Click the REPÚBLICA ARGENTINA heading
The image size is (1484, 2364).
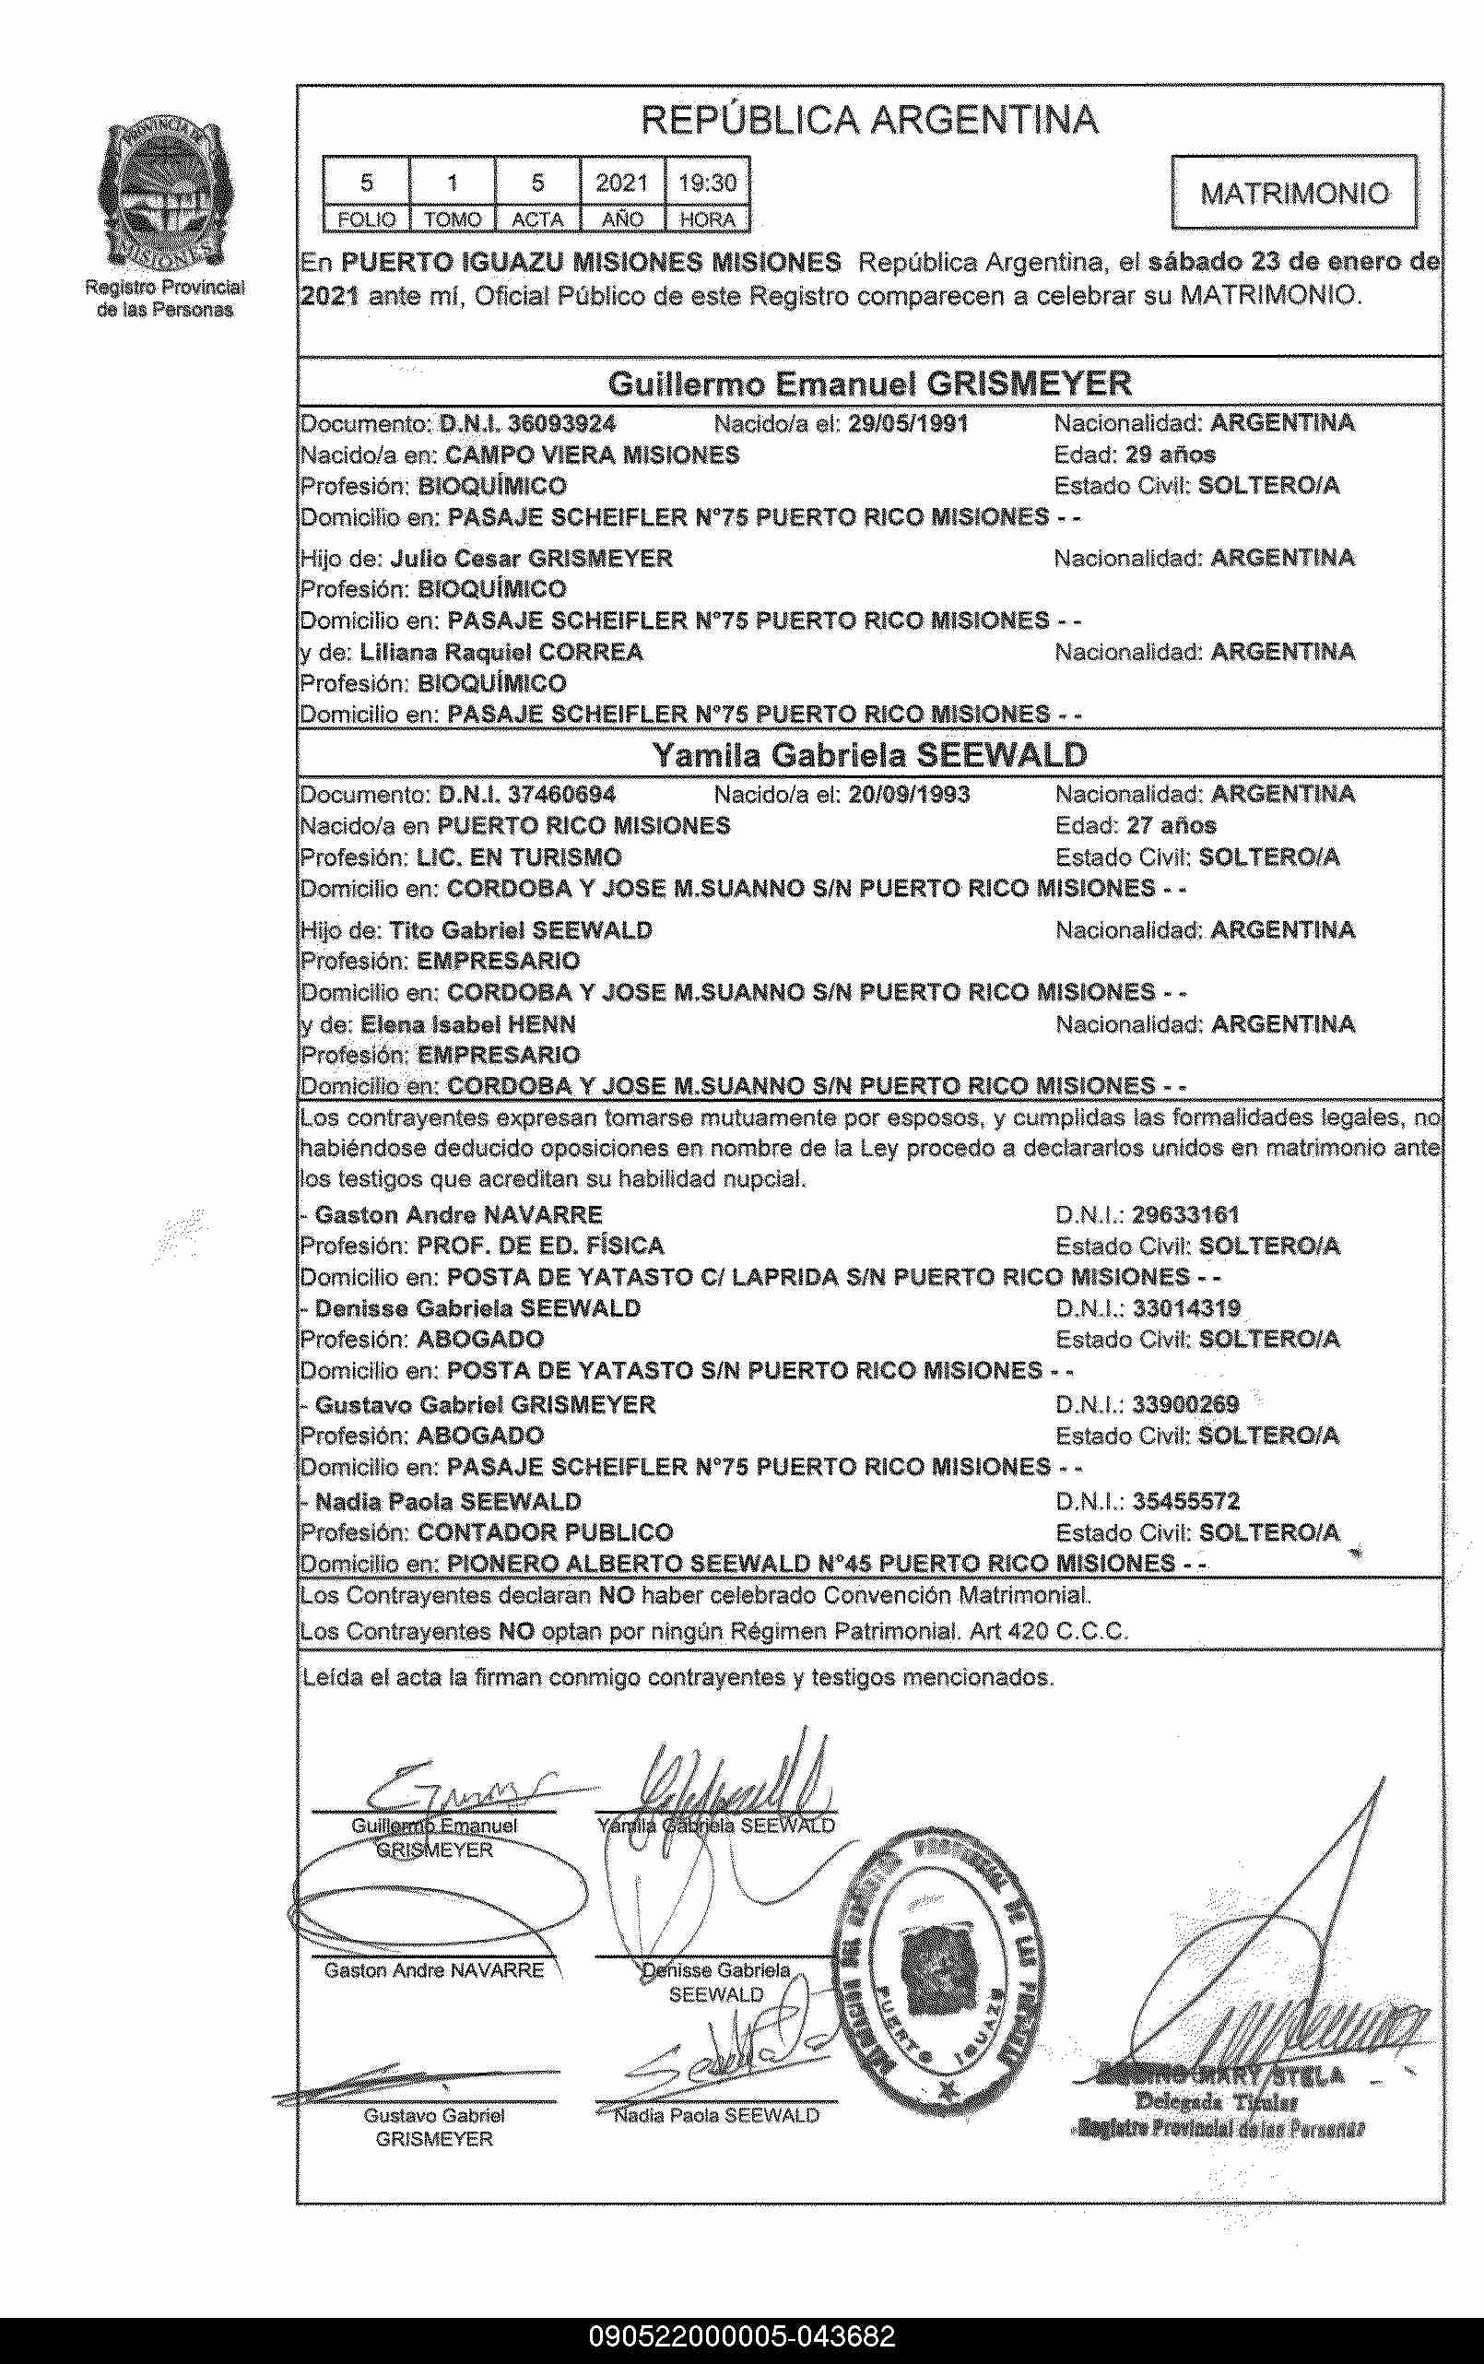tap(868, 120)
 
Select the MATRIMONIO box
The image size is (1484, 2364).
tap(1293, 193)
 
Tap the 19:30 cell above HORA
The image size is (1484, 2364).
tap(707, 183)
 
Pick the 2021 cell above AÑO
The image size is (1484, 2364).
tap(622, 183)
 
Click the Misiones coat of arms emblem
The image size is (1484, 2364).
tap(164, 195)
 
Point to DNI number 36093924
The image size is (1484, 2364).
tap(561, 424)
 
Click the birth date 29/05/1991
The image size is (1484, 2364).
tap(908, 424)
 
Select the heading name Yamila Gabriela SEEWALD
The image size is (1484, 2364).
tap(868, 755)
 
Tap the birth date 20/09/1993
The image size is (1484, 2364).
tap(908, 794)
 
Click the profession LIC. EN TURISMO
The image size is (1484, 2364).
tap(518, 857)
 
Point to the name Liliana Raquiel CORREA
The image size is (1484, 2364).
tap(501, 652)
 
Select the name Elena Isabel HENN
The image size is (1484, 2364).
tap(467, 1024)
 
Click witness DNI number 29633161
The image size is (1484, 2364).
tap(1185, 1214)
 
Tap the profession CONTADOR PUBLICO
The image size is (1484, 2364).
tap(545, 1531)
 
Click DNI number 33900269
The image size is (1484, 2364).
tap(1185, 1404)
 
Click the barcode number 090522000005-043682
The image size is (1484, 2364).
tap(742, 2336)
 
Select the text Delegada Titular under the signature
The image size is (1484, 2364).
tap(1216, 2102)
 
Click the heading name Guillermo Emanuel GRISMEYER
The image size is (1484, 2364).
tap(868, 383)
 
